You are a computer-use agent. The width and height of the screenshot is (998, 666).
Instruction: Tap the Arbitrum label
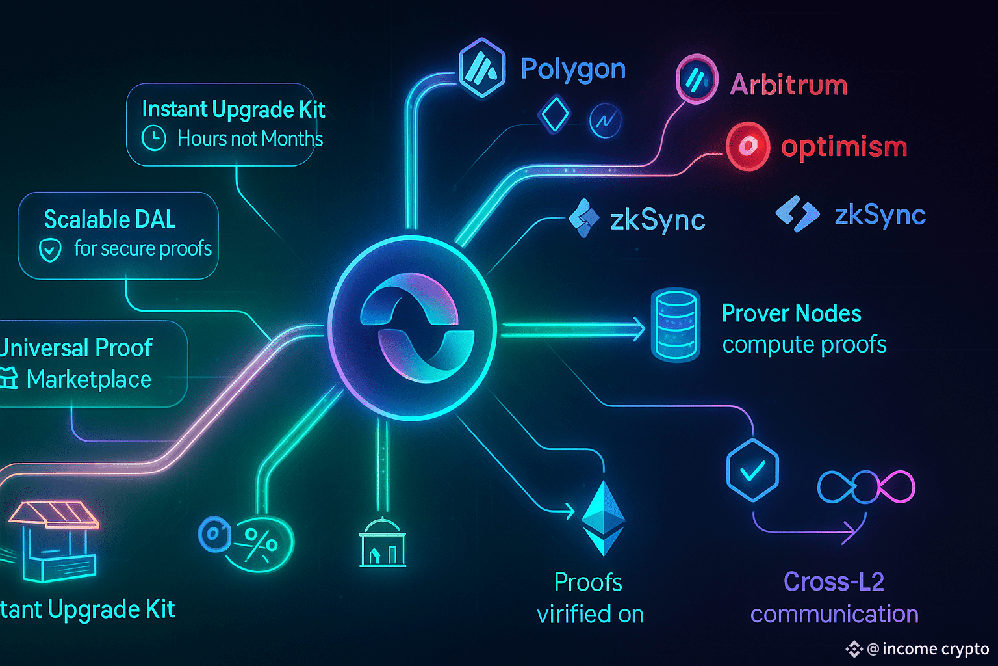(789, 85)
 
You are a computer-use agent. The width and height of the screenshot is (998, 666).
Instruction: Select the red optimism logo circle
(747, 146)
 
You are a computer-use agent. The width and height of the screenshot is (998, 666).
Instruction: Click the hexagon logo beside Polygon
(482, 68)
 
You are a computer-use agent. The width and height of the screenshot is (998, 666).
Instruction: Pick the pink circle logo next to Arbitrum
(697, 80)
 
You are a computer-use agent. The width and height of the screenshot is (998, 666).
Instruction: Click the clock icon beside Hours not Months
(154, 139)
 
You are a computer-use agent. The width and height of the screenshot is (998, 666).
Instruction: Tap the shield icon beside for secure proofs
(51, 250)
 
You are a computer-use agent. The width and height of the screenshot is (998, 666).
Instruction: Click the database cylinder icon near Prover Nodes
(676, 325)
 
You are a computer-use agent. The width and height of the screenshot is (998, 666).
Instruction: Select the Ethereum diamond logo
(604, 518)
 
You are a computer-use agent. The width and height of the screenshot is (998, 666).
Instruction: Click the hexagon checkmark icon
(752, 470)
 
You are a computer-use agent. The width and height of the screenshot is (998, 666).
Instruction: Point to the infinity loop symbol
(866, 487)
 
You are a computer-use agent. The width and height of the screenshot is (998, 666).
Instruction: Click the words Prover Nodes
(791, 314)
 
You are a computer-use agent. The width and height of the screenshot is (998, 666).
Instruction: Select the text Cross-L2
(834, 581)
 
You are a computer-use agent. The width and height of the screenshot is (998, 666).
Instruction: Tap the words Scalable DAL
(110, 220)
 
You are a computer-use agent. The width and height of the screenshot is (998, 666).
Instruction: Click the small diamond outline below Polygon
(554, 115)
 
